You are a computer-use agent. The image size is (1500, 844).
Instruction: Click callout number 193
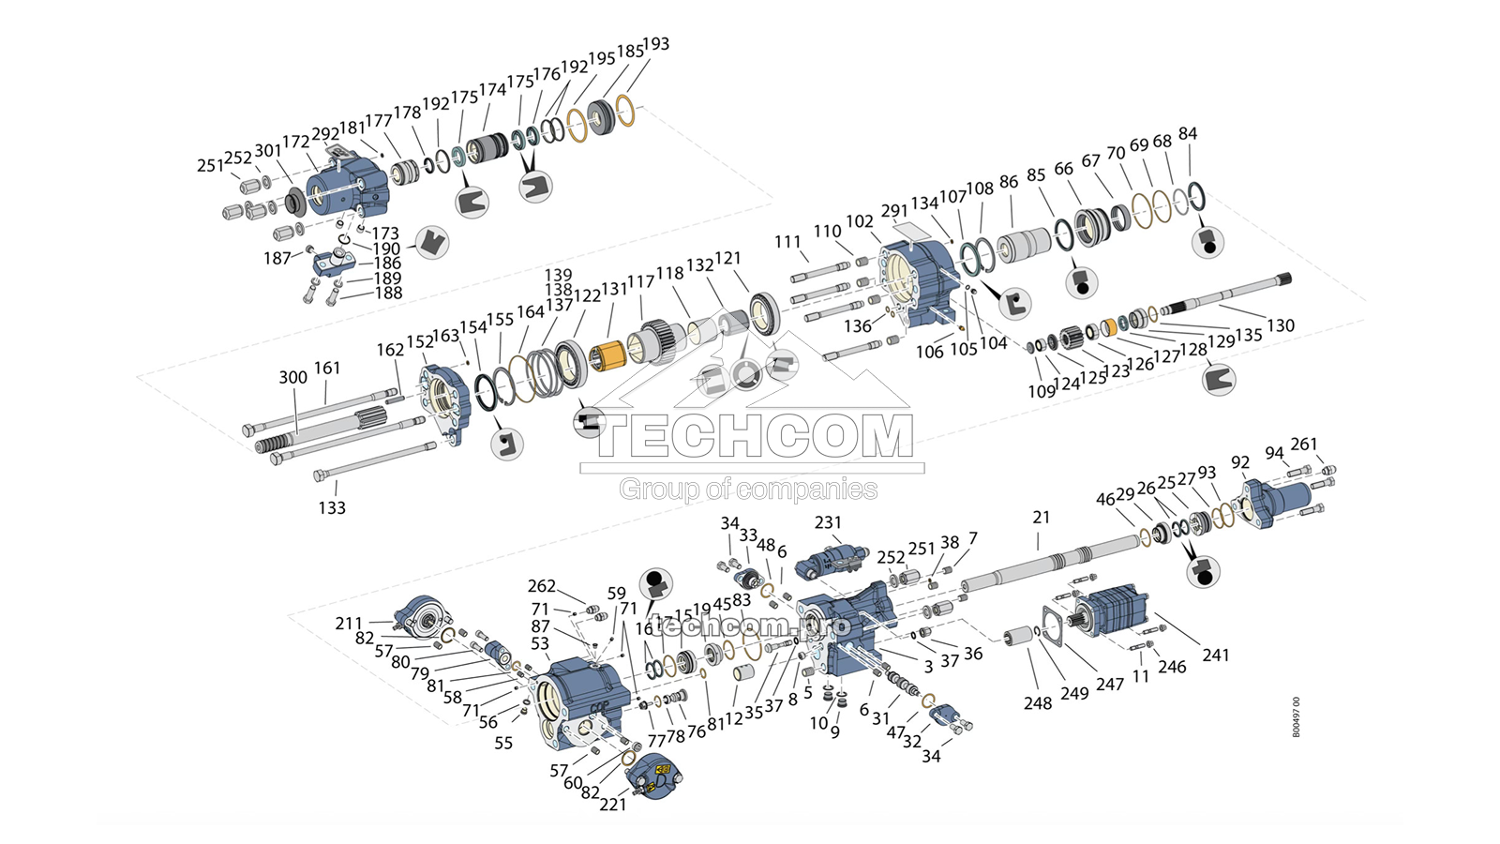[x=656, y=44]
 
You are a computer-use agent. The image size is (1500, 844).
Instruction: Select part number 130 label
[x=1281, y=325]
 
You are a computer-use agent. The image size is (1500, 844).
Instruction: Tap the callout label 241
[x=1216, y=655]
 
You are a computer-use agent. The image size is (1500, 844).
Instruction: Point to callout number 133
[x=332, y=507]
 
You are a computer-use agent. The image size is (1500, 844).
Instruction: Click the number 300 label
[x=292, y=377]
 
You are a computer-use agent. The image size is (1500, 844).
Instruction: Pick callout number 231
[x=828, y=522]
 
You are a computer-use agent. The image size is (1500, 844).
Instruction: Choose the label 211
[x=349, y=623]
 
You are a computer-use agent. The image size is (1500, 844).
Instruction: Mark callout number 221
[x=613, y=804]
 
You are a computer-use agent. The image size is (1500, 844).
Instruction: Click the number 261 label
[x=1304, y=444]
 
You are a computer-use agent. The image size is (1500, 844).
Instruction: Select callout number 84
[x=1188, y=134]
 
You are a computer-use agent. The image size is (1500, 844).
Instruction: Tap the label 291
[x=894, y=211]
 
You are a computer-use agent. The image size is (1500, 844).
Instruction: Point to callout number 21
[x=1042, y=517]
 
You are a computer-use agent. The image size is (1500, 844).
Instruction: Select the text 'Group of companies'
[x=748, y=489]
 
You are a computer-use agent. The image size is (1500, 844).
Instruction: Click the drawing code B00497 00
[x=1297, y=717]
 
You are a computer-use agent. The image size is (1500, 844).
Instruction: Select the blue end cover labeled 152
[x=442, y=401]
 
